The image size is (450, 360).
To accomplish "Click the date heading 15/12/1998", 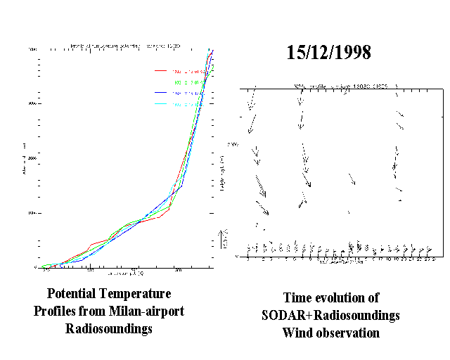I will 329,53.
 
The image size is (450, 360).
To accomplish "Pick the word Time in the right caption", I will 297,297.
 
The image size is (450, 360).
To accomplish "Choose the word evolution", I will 346,297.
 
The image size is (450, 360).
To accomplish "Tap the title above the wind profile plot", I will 330,86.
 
